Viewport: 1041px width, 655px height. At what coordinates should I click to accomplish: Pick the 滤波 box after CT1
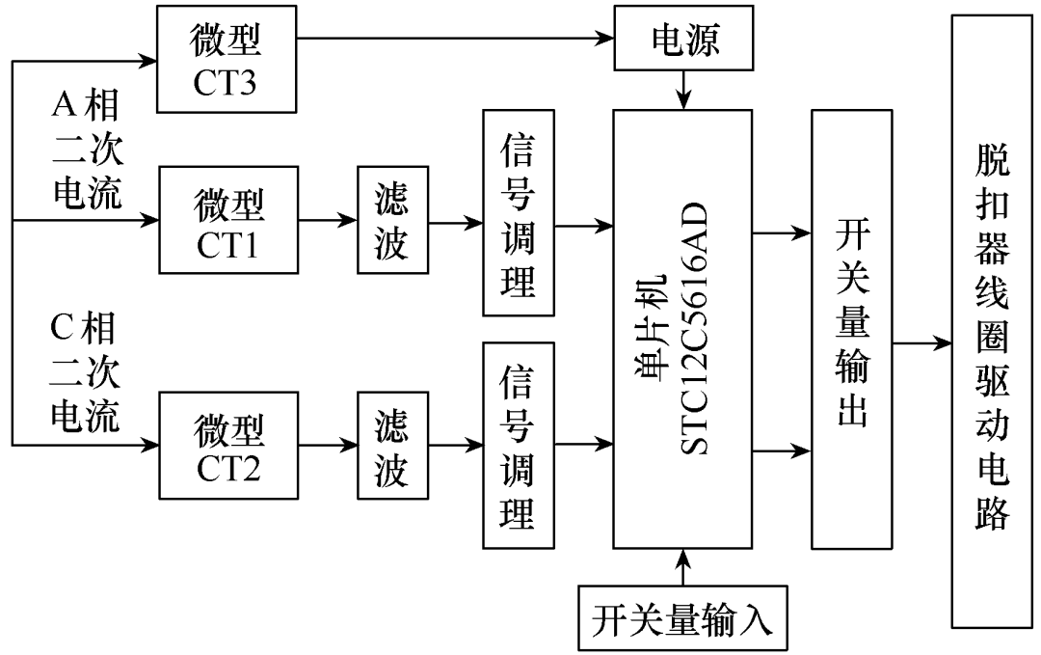391,224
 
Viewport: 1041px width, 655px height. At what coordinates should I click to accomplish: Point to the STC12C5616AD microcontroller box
682,328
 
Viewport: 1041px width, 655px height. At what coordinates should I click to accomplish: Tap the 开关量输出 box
853,328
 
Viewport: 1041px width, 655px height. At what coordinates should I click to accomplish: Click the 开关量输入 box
682,617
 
